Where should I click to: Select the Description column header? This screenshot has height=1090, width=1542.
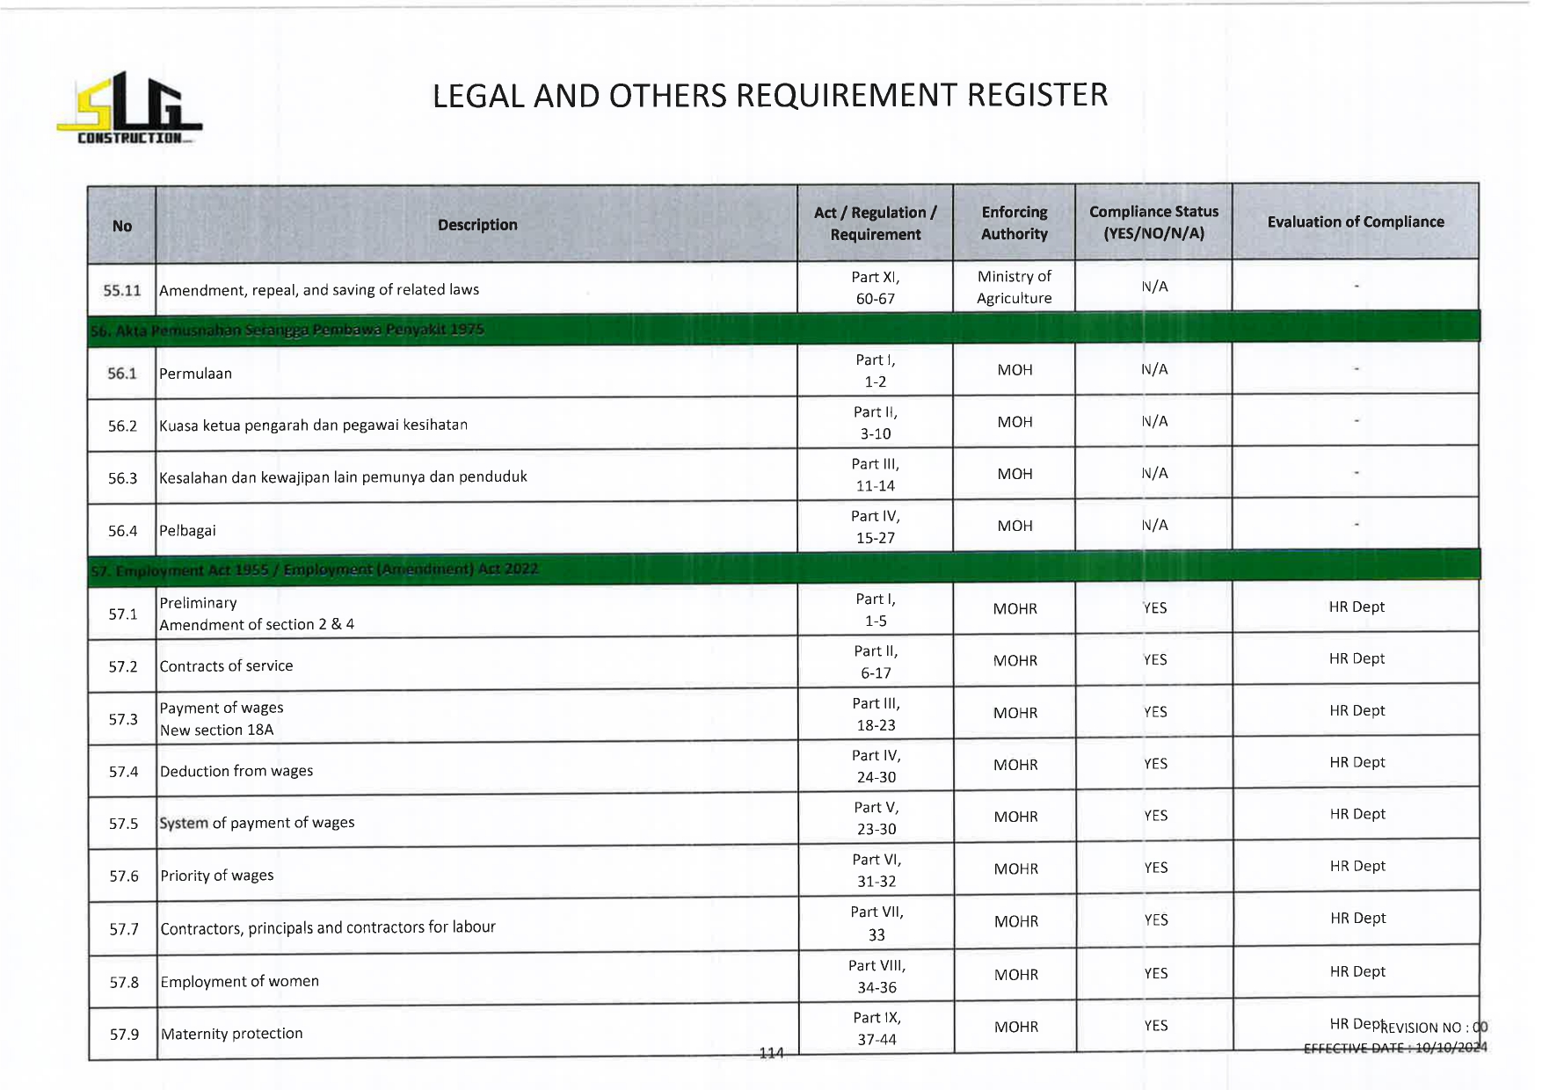(x=477, y=225)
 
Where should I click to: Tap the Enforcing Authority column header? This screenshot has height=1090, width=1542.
(x=1015, y=223)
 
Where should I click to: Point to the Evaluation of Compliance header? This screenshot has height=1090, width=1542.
(x=1355, y=222)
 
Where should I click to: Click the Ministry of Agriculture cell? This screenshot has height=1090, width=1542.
(x=1015, y=287)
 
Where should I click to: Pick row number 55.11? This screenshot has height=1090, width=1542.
(x=121, y=290)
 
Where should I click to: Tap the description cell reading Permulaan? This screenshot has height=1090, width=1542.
(x=196, y=374)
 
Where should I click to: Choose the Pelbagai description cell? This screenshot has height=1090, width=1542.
(x=187, y=531)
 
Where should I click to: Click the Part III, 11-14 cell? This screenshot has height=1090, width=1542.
(x=876, y=475)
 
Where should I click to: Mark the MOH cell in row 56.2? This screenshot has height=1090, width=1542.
(x=1015, y=423)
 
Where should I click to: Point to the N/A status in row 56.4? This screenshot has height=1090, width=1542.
(x=1154, y=526)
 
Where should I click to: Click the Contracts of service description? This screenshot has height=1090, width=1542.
(x=227, y=666)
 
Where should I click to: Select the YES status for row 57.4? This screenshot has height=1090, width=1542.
(x=1155, y=765)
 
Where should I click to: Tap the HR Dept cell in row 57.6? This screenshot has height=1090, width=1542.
(x=1357, y=867)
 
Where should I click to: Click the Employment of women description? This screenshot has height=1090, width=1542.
(x=240, y=982)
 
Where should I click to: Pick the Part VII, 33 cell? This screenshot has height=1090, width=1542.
(x=876, y=924)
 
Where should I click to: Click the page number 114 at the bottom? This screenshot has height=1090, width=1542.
(x=771, y=1053)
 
